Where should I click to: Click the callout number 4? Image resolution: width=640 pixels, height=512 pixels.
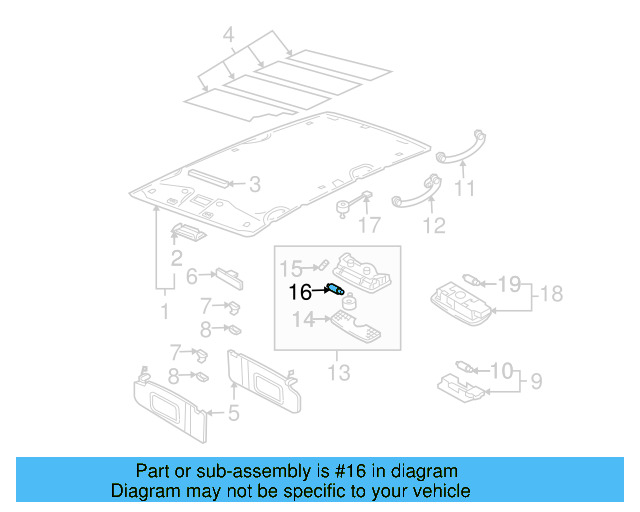(x=229, y=37)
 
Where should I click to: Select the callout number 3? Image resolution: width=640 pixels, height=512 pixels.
(x=254, y=184)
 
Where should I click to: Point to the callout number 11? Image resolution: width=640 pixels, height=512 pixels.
(x=463, y=188)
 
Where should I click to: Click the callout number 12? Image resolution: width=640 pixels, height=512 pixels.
(x=433, y=226)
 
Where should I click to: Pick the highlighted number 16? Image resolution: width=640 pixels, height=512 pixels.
(x=300, y=293)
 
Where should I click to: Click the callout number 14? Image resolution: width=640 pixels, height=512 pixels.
(x=302, y=319)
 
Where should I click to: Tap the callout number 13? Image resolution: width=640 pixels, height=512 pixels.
(x=339, y=373)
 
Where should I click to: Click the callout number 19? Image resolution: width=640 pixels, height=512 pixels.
(x=508, y=284)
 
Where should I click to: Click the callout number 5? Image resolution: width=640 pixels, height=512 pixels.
(x=232, y=412)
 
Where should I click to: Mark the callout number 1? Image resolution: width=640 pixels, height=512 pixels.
(x=165, y=312)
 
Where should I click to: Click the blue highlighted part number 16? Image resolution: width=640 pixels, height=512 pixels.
(x=336, y=290)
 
